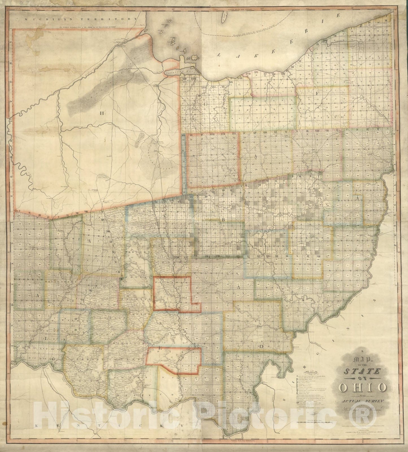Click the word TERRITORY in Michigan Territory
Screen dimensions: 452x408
[112, 19]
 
